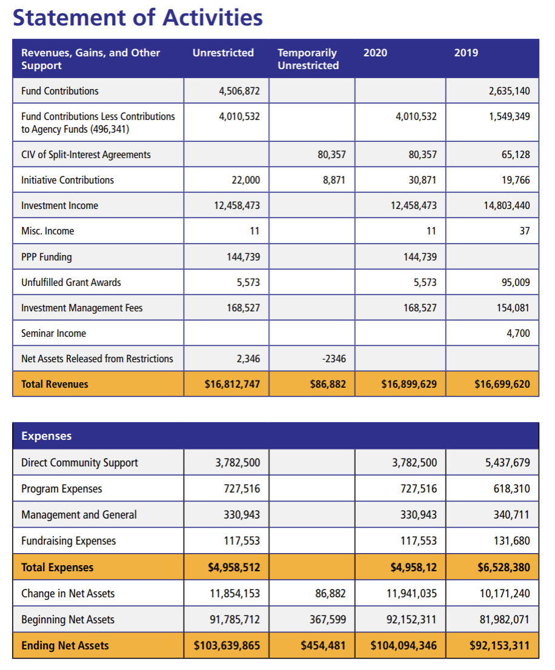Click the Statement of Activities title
[138, 18]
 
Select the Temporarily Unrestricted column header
[308, 59]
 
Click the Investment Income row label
[59, 205]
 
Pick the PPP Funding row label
[46, 257]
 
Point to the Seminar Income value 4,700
[518, 333]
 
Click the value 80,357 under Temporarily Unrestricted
[331, 154]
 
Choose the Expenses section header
[46, 436]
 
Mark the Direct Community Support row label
[79, 463]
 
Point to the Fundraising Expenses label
[68, 541]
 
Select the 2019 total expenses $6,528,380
[500, 568]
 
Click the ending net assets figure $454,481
[323, 646]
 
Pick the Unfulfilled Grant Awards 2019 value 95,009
[514, 282]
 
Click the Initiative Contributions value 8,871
[334, 180]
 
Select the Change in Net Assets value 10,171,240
[504, 594]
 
